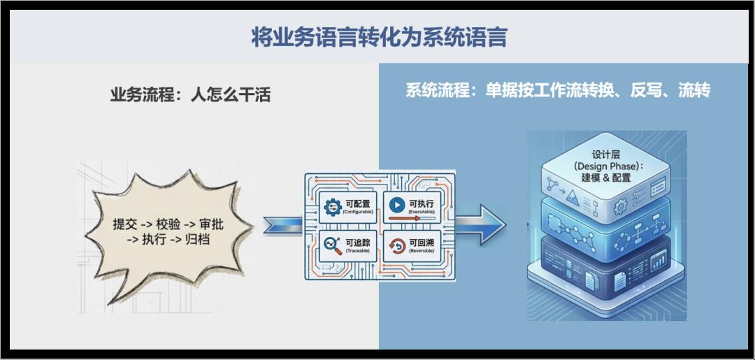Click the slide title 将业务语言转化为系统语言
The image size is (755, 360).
tap(379, 37)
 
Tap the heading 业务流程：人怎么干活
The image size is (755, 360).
tap(190, 94)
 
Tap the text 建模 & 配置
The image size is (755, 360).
tap(606, 178)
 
